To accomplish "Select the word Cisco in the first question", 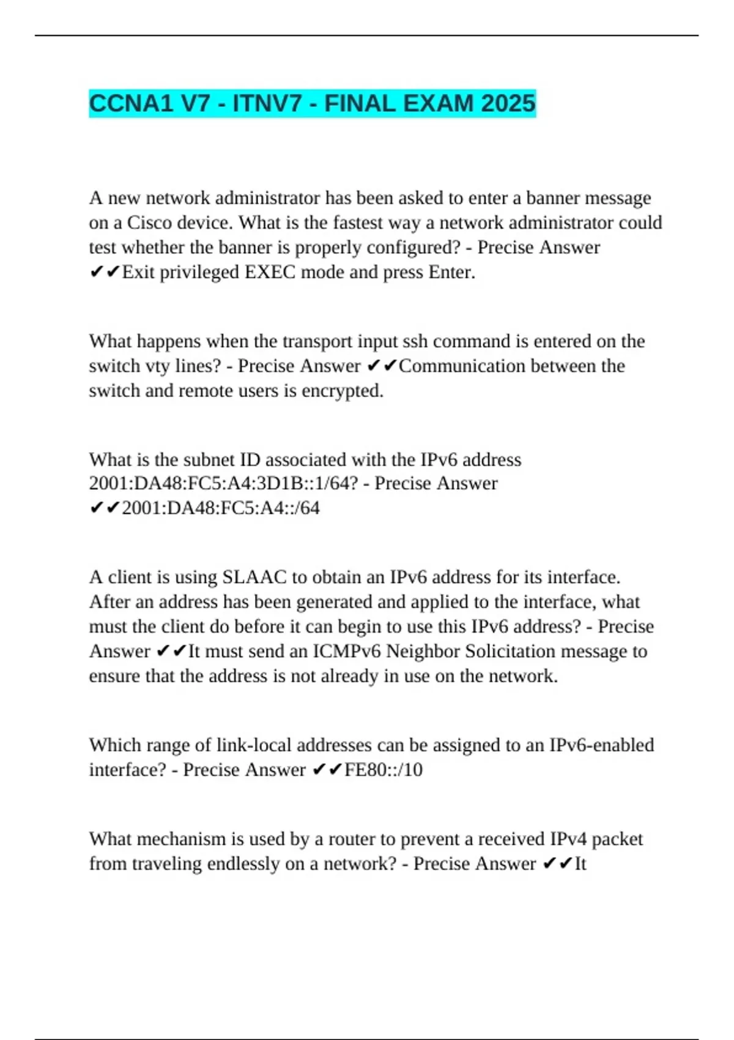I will [149, 223].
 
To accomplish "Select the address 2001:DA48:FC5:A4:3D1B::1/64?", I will [223, 483].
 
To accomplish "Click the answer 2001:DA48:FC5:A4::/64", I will [221, 508].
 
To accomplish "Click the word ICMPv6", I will [347, 652].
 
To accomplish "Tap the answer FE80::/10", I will [384, 770].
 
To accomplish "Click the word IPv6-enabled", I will [602, 745].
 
